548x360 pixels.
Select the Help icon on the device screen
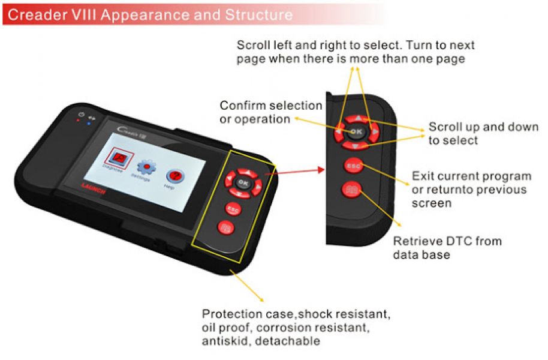tap(174, 175)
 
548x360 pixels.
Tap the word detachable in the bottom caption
tap(294, 341)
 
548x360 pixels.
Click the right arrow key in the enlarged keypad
tap(375, 130)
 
